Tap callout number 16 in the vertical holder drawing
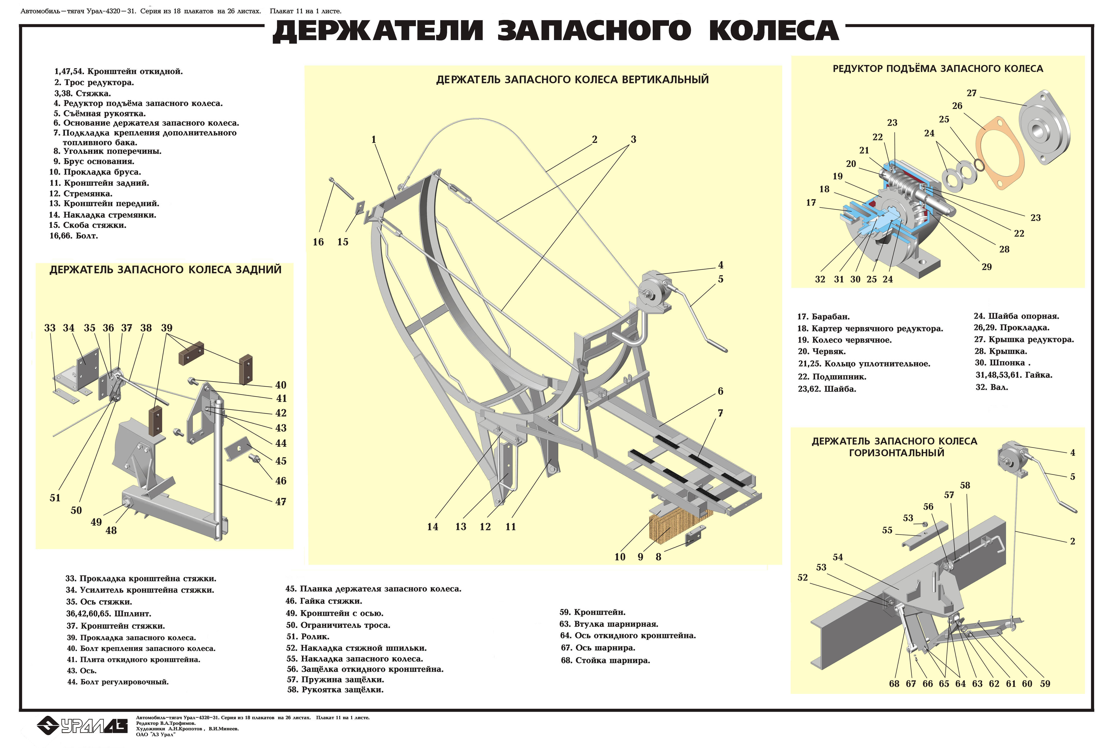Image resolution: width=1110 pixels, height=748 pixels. tap(318, 242)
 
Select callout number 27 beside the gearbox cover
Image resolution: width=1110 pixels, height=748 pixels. tap(972, 93)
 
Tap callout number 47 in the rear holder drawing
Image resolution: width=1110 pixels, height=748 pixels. tap(280, 502)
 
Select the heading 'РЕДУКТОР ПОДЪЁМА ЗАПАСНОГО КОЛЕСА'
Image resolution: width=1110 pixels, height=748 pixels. tap(938, 69)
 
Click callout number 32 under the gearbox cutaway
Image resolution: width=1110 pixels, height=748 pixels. tap(820, 280)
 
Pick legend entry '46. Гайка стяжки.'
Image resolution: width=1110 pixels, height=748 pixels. tap(324, 601)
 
